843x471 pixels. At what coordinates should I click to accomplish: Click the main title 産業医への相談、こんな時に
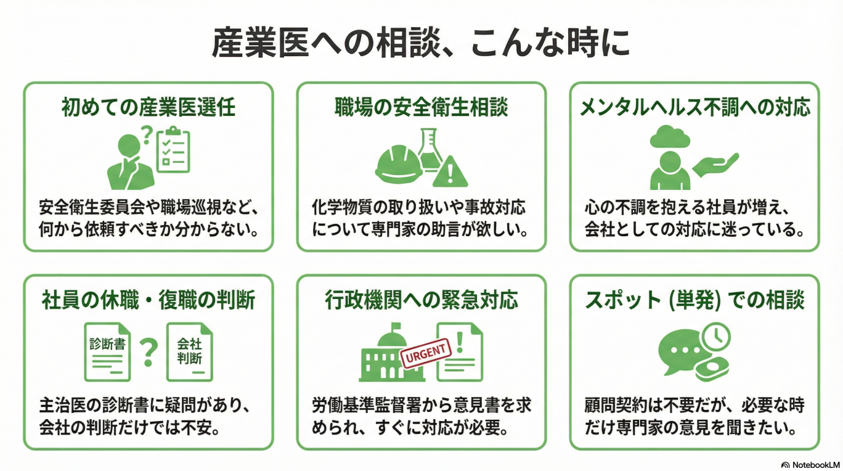(x=421, y=43)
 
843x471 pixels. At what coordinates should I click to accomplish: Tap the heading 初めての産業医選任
(x=149, y=107)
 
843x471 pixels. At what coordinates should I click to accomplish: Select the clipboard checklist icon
(x=173, y=150)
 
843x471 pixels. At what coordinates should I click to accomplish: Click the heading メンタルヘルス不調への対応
(x=695, y=107)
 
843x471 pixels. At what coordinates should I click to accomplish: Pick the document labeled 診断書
(x=107, y=351)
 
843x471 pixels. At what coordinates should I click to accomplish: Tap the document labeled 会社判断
(x=189, y=351)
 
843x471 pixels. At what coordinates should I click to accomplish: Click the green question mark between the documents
(x=148, y=352)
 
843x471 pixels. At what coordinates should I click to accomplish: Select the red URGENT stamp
(x=426, y=353)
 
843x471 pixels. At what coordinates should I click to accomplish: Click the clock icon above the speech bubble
(x=715, y=337)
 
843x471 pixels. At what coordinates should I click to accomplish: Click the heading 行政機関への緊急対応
(x=421, y=300)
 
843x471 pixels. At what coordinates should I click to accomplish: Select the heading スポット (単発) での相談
(x=694, y=300)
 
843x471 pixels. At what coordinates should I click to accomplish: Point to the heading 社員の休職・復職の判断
(x=149, y=300)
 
